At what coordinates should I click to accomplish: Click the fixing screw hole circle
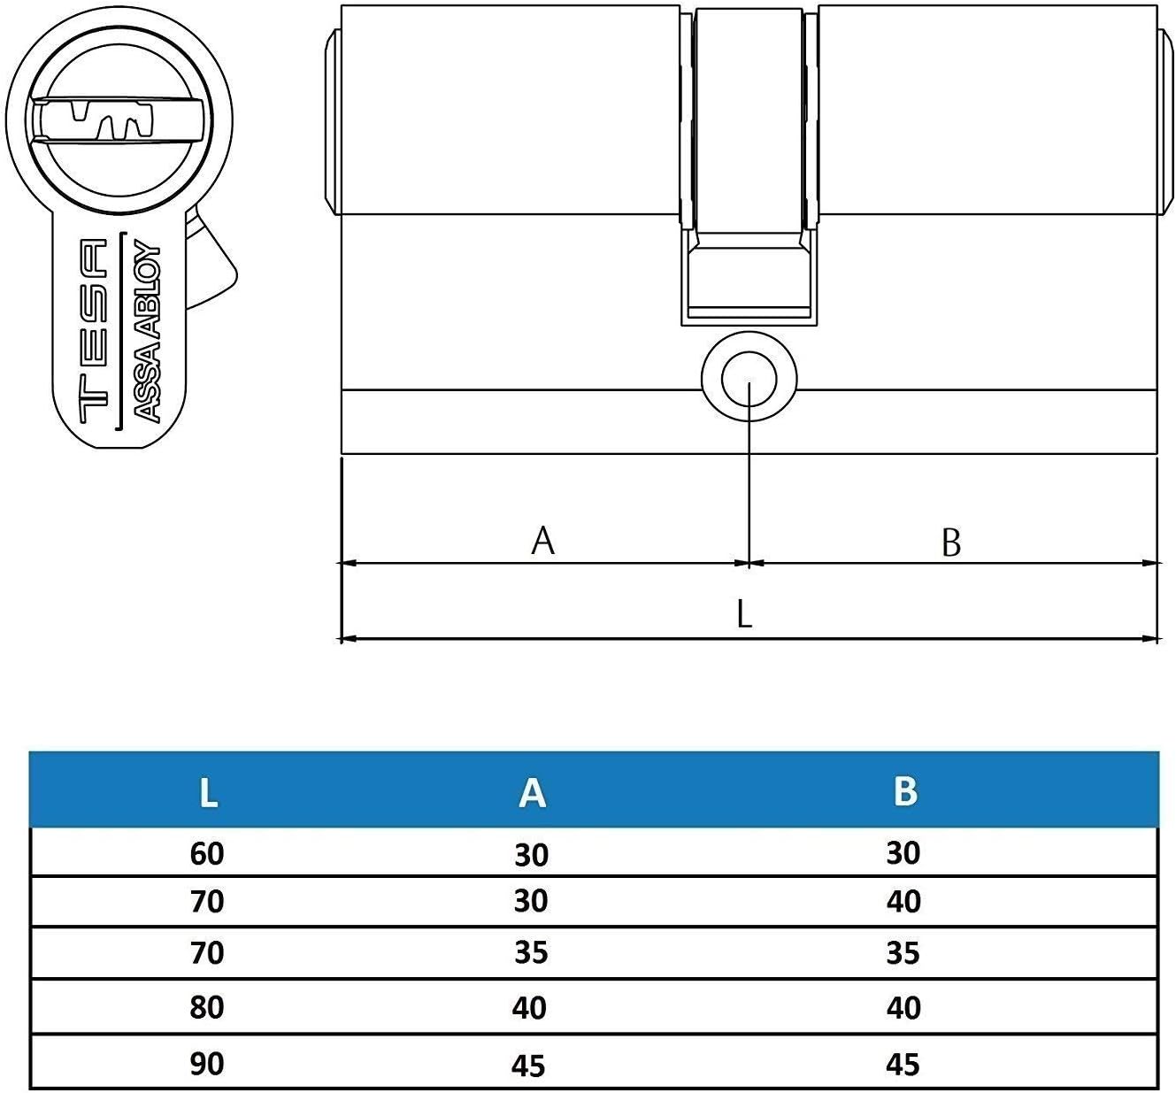[x=749, y=380]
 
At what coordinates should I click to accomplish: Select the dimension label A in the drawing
[x=542, y=540]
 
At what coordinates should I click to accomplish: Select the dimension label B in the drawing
[x=950, y=543]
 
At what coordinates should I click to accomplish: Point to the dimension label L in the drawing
[x=744, y=613]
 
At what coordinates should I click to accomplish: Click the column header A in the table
[x=531, y=792]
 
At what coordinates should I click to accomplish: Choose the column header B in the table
[x=904, y=790]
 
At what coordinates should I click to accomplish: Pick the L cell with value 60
[x=207, y=853]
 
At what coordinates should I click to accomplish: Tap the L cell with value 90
[x=207, y=1063]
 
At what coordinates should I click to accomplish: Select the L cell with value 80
[x=207, y=1007]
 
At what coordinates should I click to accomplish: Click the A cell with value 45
[x=529, y=1065]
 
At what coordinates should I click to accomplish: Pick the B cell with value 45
[x=903, y=1064]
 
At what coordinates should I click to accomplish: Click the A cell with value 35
[x=530, y=952]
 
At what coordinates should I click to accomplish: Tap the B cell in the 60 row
[x=903, y=853]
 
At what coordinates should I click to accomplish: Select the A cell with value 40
[x=529, y=1008]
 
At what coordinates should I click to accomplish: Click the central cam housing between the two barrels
[x=749, y=159]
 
